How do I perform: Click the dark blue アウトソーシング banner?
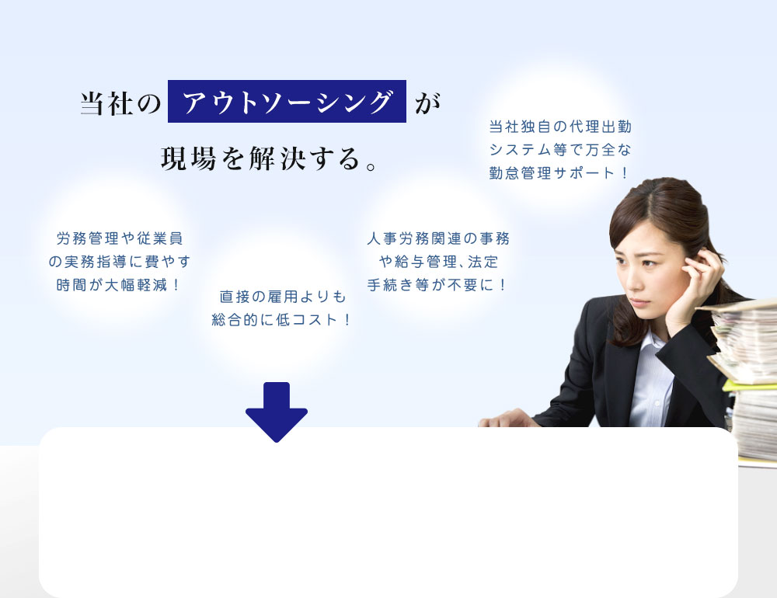pos(287,102)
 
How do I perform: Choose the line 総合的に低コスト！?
pos(282,320)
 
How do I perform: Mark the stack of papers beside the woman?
pos(746,373)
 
